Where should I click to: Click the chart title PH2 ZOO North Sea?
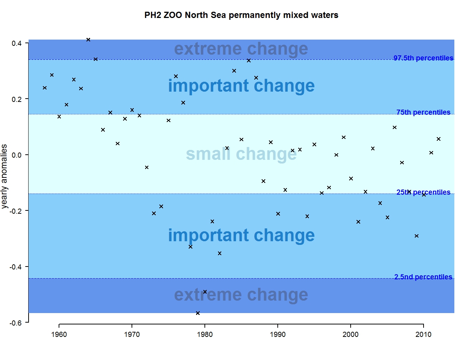coord(241,15)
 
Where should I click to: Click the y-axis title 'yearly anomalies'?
coord(4,176)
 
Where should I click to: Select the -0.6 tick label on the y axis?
coord(16,323)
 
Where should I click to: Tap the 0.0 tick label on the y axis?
coord(17,155)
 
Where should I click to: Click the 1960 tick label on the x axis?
coord(59,334)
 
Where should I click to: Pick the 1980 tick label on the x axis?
coord(205,334)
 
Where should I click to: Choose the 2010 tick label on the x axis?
coord(424,334)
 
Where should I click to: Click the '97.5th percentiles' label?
coord(423,58)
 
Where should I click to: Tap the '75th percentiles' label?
coord(423,112)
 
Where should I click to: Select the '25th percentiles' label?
coord(423,192)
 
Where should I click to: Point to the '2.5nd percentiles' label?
coord(423,277)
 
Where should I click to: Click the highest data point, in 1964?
coord(88,40)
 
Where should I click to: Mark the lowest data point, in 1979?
coord(198,313)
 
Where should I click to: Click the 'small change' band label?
coord(241,154)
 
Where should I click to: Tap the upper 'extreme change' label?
coord(241,49)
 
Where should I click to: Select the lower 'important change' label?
coord(241,235)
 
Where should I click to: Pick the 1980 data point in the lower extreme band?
coord(205,292)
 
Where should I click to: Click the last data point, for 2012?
coord(439,139)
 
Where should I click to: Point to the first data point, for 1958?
coord(45,88)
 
